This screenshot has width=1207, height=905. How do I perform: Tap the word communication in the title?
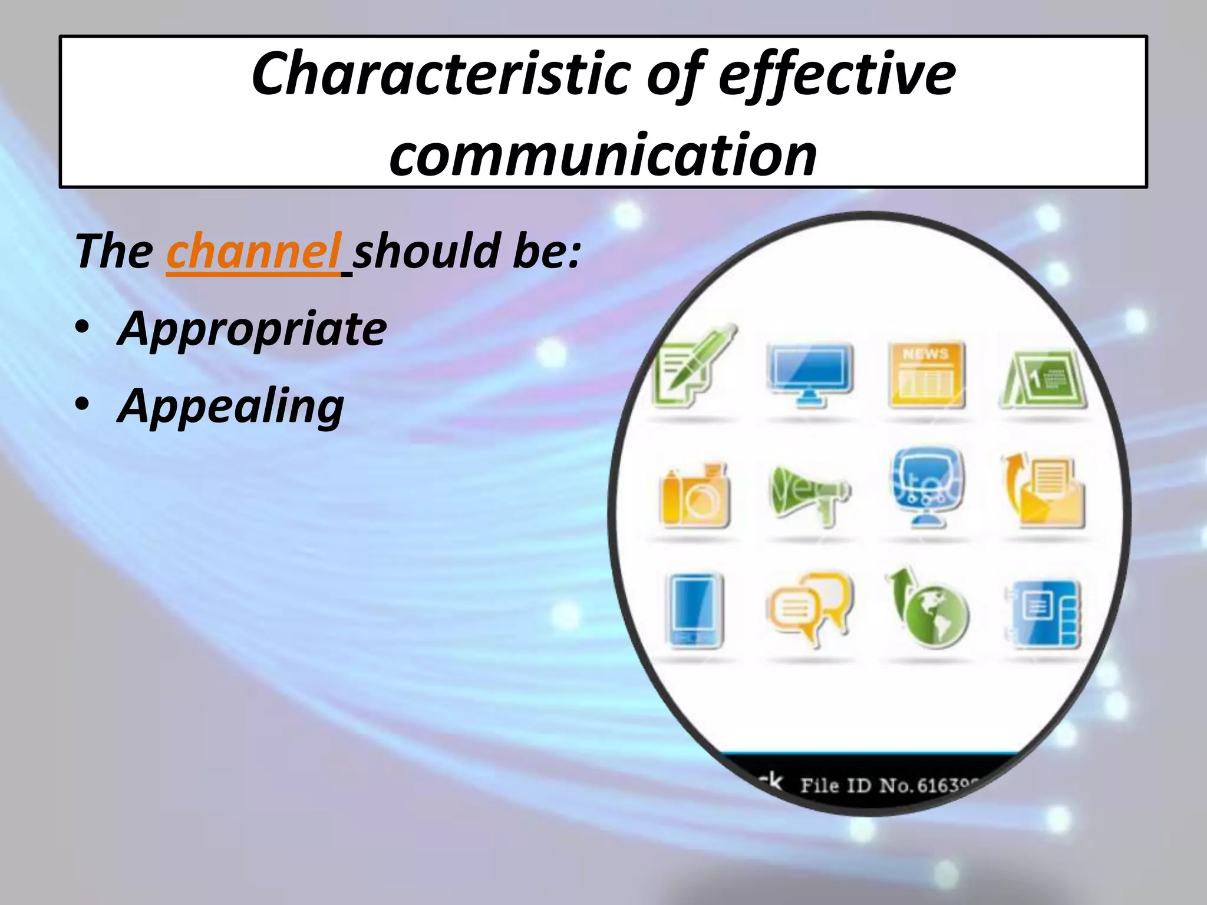pyautogui.click(x=603, y=154)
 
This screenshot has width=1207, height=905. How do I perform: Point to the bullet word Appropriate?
pyautogui.click(x=252, y=329)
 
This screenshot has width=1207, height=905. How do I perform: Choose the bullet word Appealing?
pyautogui.click(x=230, y=406)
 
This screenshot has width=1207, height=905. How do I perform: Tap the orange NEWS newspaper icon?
pyautogui.click(x=926, y=375)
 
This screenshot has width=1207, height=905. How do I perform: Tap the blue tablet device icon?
pyautogui.click(x=694, y=610)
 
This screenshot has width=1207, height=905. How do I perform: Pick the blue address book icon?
pyautogui.click(x=1043, y=613)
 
